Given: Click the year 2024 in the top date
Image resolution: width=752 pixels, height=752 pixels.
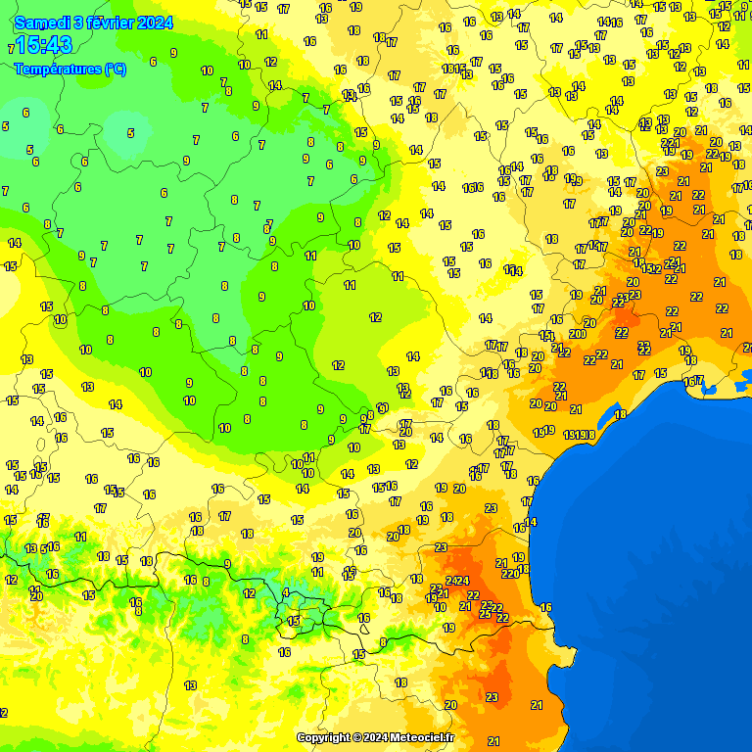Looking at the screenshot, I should point(156,22).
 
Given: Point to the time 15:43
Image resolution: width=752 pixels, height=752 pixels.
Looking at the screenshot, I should point(43,45).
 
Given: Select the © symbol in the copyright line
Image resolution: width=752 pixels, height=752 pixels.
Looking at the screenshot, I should point(358,737).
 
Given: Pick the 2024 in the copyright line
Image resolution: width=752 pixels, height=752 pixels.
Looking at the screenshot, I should point(376,737).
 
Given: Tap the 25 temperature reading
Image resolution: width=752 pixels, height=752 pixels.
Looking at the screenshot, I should point(485,614).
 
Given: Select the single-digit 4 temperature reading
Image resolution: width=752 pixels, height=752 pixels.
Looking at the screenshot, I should point(286,592).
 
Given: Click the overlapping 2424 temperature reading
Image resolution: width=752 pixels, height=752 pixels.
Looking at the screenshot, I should point(457,581).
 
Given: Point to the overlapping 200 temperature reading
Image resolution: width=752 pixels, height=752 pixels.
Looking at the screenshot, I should point(578,334).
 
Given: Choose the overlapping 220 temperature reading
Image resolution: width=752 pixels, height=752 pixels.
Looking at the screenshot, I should point(510,574).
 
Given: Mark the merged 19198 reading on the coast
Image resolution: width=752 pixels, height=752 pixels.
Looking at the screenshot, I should point(579,435).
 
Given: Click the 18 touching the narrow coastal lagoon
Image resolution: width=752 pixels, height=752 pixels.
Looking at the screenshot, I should point(620,415).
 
